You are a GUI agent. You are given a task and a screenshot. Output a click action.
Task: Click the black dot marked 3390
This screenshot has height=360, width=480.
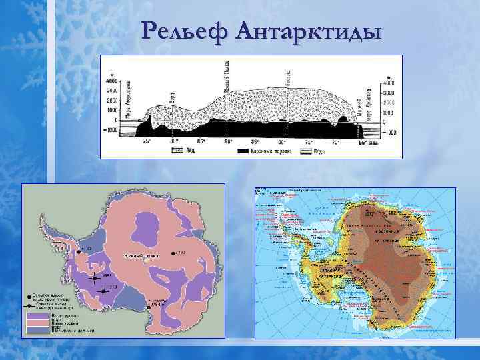click(172, 253)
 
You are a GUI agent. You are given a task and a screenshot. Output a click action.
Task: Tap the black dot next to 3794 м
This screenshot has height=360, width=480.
click(147, 308)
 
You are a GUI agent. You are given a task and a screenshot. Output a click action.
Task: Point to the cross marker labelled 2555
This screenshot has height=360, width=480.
click(95, 277)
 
